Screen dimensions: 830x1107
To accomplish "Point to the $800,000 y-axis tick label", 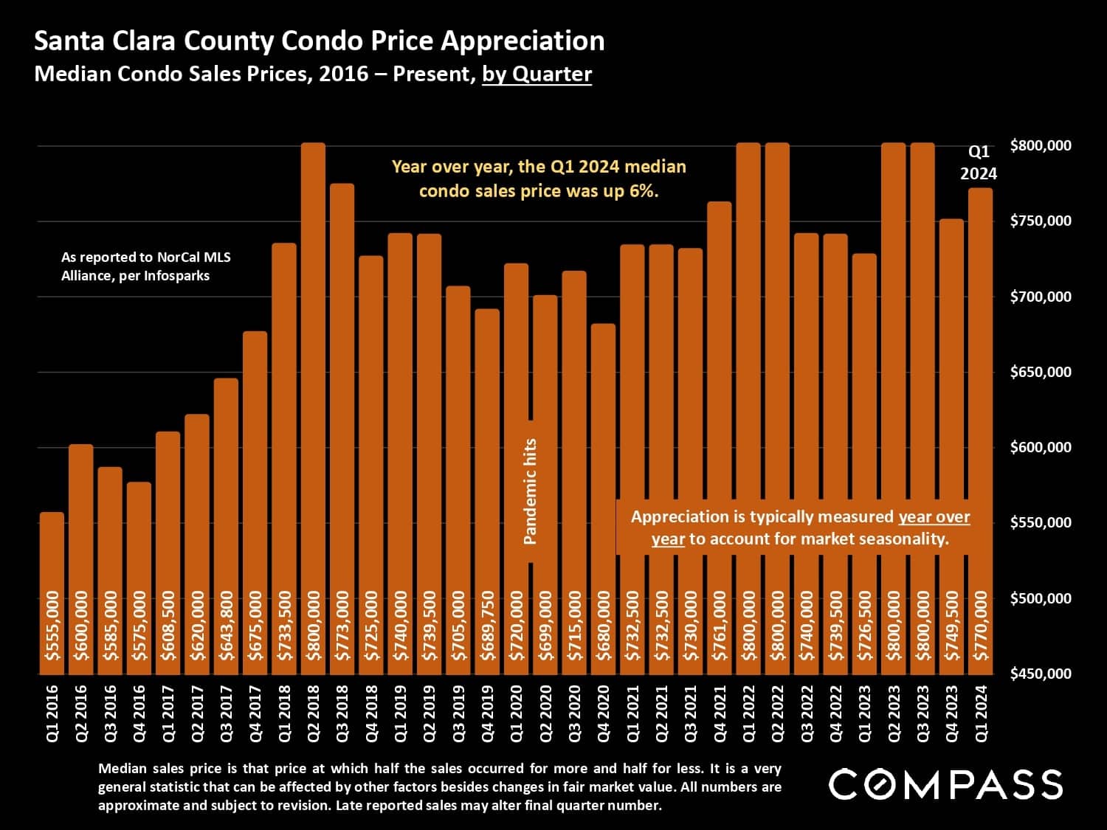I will click(x=1041, y=146).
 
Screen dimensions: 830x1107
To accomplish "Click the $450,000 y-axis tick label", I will click(x=1041, y=674).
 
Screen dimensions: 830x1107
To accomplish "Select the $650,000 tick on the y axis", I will click(x=1041, y=372).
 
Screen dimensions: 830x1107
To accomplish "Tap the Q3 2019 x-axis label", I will click(x=458, y=713).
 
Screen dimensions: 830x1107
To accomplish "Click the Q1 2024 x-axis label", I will click(x=981, y=713).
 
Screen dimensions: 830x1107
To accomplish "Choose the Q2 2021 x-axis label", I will click(x=661, y=713).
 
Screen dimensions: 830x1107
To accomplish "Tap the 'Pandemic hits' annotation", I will click(x=530, y=492).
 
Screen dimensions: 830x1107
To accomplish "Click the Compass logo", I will click(x=945, y=784).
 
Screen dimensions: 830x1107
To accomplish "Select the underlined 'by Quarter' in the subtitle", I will click(x=537, y=75).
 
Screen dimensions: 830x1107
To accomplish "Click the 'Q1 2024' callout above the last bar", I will click(x=979, y=162).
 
